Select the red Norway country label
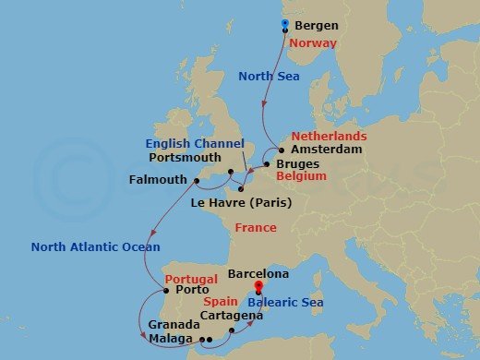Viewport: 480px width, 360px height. click(311, 43)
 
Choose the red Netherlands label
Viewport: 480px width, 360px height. click(330, 136)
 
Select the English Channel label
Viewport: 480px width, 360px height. click(199, 144)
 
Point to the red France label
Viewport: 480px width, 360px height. click(256, 227)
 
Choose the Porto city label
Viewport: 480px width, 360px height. click(189, 289)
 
